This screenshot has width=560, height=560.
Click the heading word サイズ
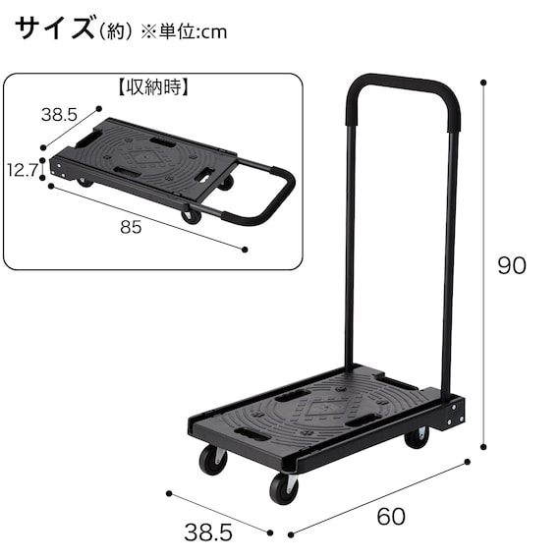(55, 29)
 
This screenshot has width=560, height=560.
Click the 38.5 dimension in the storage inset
(59, 114)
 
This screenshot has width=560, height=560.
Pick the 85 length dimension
(131, 227)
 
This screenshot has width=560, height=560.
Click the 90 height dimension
(511, 266)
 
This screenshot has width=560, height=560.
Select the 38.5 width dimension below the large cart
(208, 532)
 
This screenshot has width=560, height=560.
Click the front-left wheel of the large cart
(212, 459)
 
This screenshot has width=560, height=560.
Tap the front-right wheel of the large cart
(283, 487)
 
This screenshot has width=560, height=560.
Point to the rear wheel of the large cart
(417, 436)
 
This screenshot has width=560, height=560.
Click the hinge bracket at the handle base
(451, 413)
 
